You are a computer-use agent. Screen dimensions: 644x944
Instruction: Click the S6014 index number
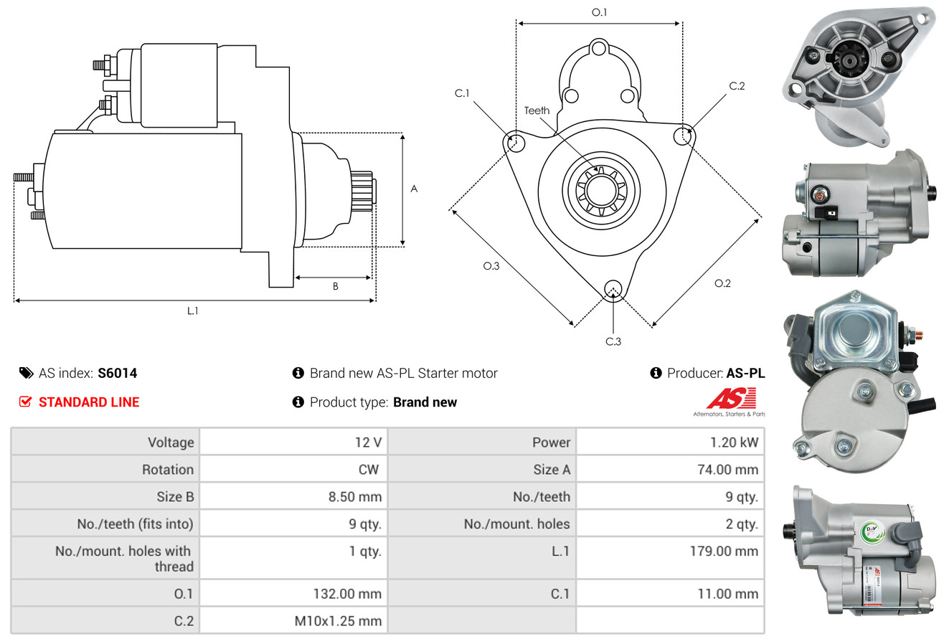pyautogui.click(x=117, y=373)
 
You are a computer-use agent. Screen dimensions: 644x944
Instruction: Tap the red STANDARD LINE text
pyautogui.click(x=89, y=402)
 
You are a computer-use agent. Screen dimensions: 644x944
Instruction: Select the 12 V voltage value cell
pyautogui.click(x=367, y=442)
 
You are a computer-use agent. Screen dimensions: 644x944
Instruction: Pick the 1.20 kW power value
pyautogui.click(x=734, y=442)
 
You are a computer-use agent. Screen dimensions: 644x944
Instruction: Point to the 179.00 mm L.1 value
pyautogui.click(x=723, y=551)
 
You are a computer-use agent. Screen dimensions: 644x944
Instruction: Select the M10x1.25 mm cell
pyautogui.click(x=338, y=620)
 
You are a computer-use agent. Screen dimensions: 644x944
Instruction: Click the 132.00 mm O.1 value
pyautogui.click(x=347, y=594)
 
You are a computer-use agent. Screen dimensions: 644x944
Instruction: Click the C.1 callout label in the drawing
pyautogui.click(x=462, y=93)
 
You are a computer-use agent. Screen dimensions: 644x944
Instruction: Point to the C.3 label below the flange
pyautogui.click(x=613, y=341)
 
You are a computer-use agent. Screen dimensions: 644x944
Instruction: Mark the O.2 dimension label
pyautogui.click(x=722, y=283)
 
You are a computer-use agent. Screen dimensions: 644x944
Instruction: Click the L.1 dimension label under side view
pyautogui.click(x=193, y=311)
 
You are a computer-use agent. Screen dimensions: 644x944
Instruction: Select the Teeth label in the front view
pyautogui.click(x=537, y=110)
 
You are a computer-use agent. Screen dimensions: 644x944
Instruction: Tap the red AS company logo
pyautogui.click(x=730, y=399)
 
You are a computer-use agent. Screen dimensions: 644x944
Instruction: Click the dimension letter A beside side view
pyautogui.click(x=414, y=189)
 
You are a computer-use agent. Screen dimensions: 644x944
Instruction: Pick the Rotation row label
pyautogui.click(x=167, y=470)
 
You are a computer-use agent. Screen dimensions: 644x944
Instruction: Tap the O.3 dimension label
pyautogui.click(x=491, y=266)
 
